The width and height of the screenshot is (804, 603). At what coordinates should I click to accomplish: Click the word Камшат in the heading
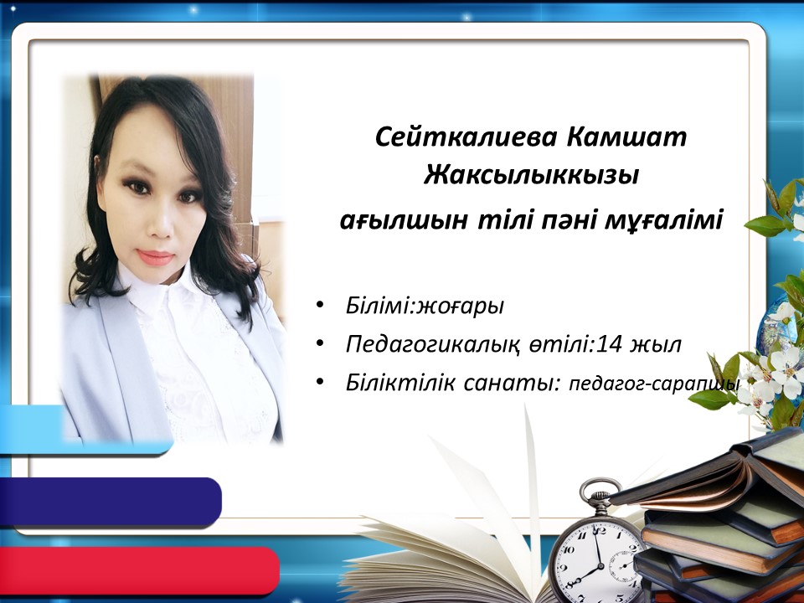coord(627,137)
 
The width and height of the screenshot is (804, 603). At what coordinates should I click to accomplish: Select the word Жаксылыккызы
coord(531,175)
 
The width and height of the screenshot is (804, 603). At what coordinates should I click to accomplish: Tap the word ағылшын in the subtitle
coord(404,220)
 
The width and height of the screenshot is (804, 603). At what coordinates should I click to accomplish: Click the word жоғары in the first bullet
coord(460,307)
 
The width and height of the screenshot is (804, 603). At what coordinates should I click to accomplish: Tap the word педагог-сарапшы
coord(654,384)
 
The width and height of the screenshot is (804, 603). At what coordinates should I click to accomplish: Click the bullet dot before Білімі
coord(321,305)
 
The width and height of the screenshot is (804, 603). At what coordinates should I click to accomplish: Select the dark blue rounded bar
coord(111,502)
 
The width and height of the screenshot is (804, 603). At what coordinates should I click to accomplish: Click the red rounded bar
coord(139,570)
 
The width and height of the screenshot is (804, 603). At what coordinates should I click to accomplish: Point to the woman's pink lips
coord(156,257)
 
